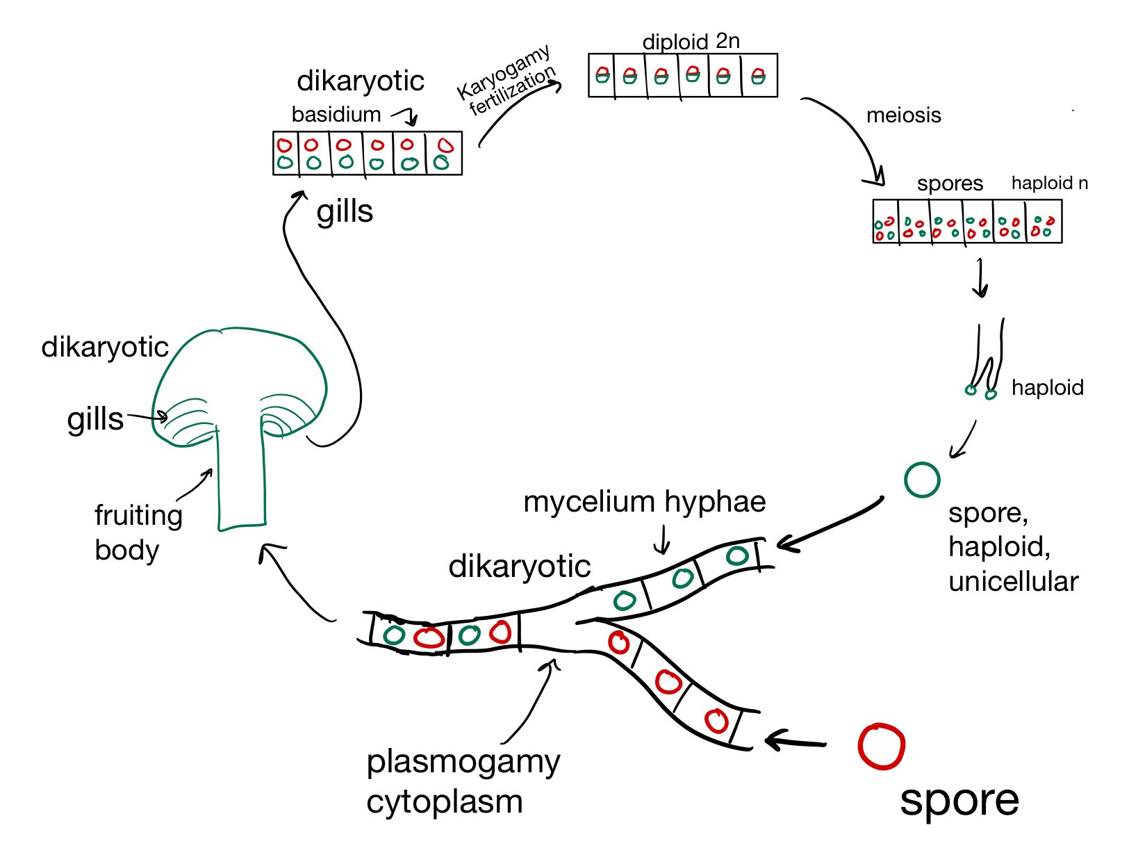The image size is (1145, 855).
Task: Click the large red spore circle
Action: (881, 747)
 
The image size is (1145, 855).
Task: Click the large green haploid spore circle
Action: (922, 480)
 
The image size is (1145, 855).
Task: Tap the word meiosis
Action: (903, 115)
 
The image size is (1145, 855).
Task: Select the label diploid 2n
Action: (691, 42)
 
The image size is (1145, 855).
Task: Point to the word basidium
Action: (336, 115)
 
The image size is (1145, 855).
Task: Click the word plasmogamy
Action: (463, 763)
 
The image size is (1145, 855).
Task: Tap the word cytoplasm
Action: (444, 802)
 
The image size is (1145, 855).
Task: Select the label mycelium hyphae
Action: (644, 502)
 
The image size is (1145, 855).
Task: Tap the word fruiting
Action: (138, 516)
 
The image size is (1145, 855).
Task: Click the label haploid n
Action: (1049, 184)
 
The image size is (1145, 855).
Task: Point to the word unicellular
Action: (1013, 582)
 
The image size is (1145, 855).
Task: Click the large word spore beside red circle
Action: (959, 800)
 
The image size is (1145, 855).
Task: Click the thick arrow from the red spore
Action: (796, 741)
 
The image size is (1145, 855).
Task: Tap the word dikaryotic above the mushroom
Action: (105, 347)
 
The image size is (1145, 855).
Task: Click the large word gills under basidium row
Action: (345, 212)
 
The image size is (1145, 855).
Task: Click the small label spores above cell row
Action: (950, 184)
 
